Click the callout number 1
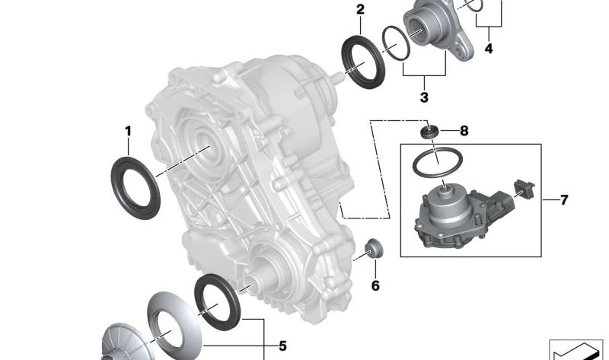pyautogui.click(x=128, y=132)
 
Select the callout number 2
pyautogui.click(x=360, y=10)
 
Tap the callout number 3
pyautogui.click(x=424, y=97)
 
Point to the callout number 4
pyautogui.click(x=489, y=49)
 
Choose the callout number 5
pyautogui.click(x=282, y=346)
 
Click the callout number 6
pyautogui.click(x=375, y=286)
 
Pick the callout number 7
pyautogui.click(x=564, y=200)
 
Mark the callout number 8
pyautogui.click(x=464, y=131)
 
